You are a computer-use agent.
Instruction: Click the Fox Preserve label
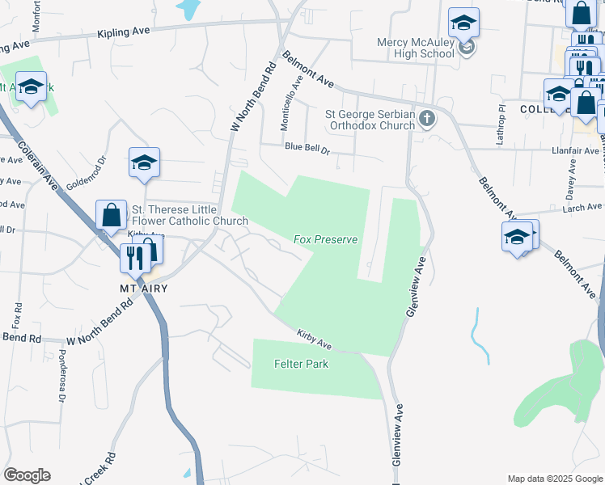325,240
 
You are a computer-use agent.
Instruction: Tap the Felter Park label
301,364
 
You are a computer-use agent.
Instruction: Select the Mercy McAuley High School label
416,48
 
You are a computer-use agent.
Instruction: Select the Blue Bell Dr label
308,148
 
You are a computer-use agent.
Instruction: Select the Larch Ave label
582,208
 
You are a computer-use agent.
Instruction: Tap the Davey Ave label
571,179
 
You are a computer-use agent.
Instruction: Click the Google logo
27,475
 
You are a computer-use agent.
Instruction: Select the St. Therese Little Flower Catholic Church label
174,215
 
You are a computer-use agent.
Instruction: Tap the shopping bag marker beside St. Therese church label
112,215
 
